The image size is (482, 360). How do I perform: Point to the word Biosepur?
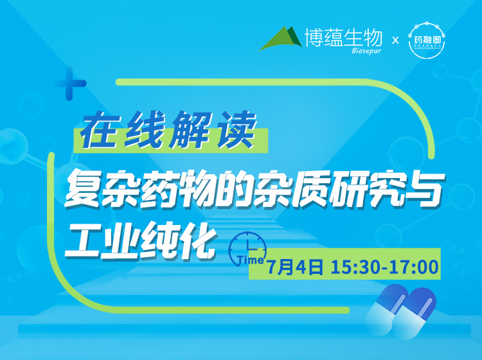click(367, 50)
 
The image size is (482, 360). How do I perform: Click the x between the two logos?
click(396, 40)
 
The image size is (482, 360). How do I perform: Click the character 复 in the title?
click(82, 188)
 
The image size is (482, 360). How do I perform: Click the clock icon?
click(248, 244)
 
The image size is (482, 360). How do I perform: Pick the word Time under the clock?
click(250, 260)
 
